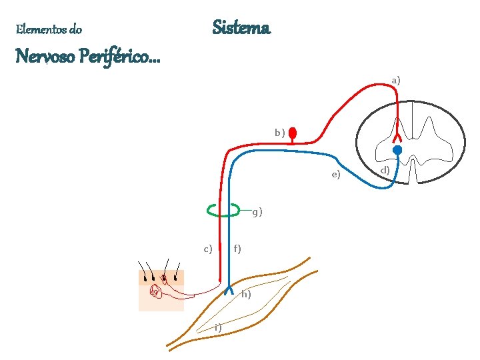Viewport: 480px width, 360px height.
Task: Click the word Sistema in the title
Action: coord(241,28)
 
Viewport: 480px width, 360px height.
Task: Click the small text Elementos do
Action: coord(49,29)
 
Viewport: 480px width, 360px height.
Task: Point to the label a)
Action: coord(396,80)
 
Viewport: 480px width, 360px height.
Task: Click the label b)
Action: coord(280,133)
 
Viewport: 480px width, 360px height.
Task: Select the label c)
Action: coord(208,249)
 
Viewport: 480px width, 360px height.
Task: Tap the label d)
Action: coord(385,171)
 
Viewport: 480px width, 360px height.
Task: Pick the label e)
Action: coord(336,175)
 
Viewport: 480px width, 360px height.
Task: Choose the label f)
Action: coord(237,249)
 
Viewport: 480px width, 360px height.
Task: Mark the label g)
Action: coord(257,213)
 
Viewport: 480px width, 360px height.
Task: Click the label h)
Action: coord(246,294)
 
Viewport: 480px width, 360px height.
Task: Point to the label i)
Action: coord(218,327)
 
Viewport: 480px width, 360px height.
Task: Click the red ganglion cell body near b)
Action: coord(292,135)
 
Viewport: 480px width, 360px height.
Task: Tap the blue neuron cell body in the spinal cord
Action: coord(397,151)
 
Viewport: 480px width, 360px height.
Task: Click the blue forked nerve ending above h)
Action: coord(228,289)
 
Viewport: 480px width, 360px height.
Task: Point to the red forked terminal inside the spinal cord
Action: coord(397,131)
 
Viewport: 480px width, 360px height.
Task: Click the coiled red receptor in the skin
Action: coord(155,291)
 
